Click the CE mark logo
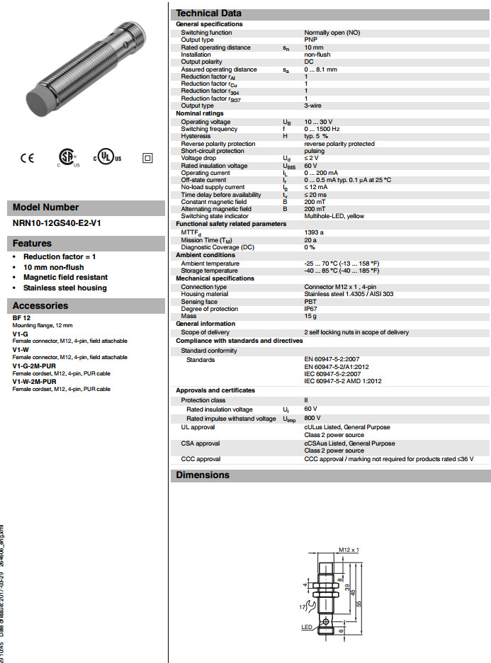[26, 157]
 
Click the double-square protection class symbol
[147, 157]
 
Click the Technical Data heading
[208, 13]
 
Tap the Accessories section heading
[40, 305]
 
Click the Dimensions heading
[203, 475]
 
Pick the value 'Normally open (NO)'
[332, 33]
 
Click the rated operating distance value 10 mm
[315, 47]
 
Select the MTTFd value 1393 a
[314, 232]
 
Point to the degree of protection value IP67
[311, 309]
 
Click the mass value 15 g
[310, 316]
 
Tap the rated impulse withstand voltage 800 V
[312, 418]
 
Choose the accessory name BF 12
[21, 318]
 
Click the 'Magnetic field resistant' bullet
[65, 278]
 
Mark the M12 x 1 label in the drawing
[349, 549]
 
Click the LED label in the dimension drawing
[307, 628]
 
